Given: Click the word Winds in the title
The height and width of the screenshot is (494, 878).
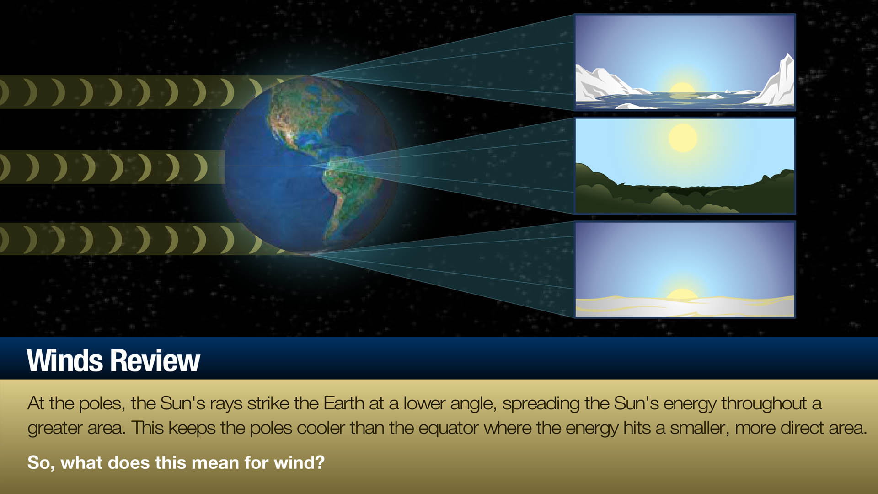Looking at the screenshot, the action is tap(65, 361).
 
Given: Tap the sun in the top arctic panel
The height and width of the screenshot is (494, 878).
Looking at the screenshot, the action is tap(682, 90).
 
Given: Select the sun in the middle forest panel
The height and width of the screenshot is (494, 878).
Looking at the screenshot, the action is tap(683, 138).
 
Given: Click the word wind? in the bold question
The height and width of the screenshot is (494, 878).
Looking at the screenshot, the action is tap(299, 462).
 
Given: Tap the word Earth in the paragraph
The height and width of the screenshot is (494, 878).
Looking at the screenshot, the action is tap(344, 403).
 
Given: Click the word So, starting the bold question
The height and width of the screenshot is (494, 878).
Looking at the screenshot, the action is tap(41, 462).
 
